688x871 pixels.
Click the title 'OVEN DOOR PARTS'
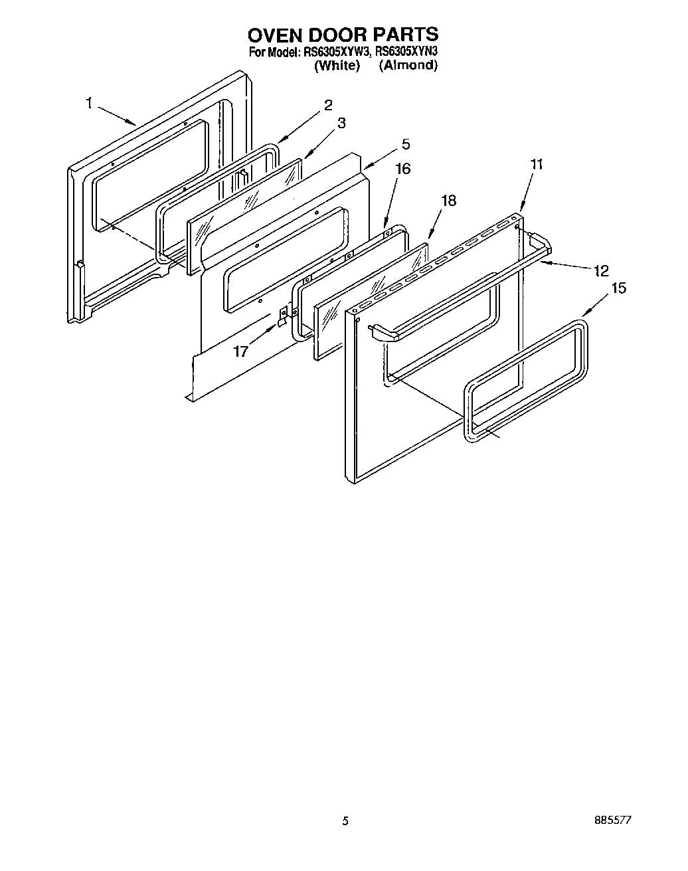coord(343,34)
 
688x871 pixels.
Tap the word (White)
coord(337,65)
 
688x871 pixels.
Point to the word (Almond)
coord(408,65)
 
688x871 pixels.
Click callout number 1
coord(89,102)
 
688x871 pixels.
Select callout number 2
coord(328,104)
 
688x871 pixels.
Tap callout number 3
coord(341,122)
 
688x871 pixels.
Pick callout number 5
coord(405,144)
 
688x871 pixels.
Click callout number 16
coord(402,169)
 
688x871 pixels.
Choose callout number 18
coord(449,200)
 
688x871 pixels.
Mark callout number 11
coord(537,164)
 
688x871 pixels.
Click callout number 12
coord(601,270)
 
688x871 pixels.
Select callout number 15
coord(618,288)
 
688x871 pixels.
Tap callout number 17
coord(240,351)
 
